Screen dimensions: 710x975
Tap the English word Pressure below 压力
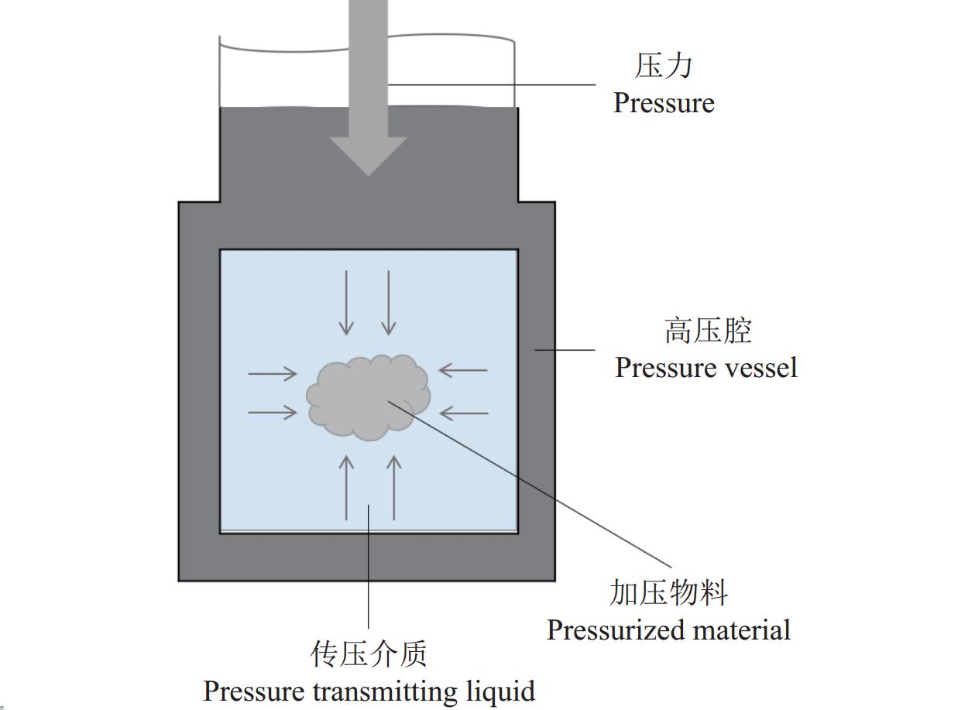[x=664, y=103]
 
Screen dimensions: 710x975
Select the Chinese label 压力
[x=664, y=66]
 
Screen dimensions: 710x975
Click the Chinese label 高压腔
[x=708, y=331]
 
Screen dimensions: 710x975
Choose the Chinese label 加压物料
[x=669, y=593]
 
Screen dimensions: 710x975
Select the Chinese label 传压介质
[x=369, y=654]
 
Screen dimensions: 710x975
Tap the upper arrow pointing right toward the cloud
[x=273, y=373]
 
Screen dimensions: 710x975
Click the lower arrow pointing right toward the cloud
[x=273, y=413]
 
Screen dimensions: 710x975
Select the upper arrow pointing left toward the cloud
[x=463, y=370]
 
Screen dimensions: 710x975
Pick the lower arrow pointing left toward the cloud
[x=463, y=413]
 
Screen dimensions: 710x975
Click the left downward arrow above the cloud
[x=346, y=303]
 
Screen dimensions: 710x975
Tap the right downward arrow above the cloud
[x=389, y=303]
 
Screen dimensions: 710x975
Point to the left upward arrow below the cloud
[x=346, y=487]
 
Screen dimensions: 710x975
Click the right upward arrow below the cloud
[x=394, y=487]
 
